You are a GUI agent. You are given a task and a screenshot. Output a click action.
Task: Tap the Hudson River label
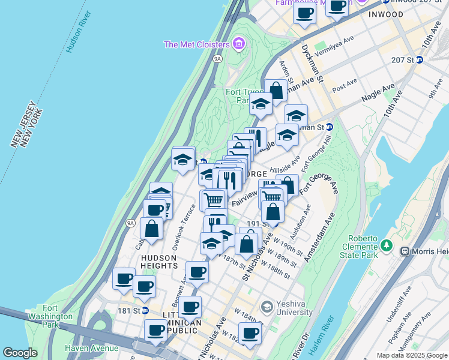coord(79,31)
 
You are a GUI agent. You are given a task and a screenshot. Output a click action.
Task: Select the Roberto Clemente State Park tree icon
coord(387,245)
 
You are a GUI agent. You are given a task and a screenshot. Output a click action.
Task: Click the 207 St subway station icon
coord(420,60)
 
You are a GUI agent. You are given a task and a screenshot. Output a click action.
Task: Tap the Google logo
coord(20,353)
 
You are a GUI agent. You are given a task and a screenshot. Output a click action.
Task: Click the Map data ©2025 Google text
coord(412,355)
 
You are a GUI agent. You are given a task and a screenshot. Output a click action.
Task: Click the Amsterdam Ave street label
coord(319,240)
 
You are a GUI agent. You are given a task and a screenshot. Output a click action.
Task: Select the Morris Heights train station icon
coord(405,250)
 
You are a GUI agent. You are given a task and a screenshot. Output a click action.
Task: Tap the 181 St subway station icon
coord(145,311)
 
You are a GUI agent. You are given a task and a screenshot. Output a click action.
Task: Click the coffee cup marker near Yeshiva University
coord(250,333)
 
